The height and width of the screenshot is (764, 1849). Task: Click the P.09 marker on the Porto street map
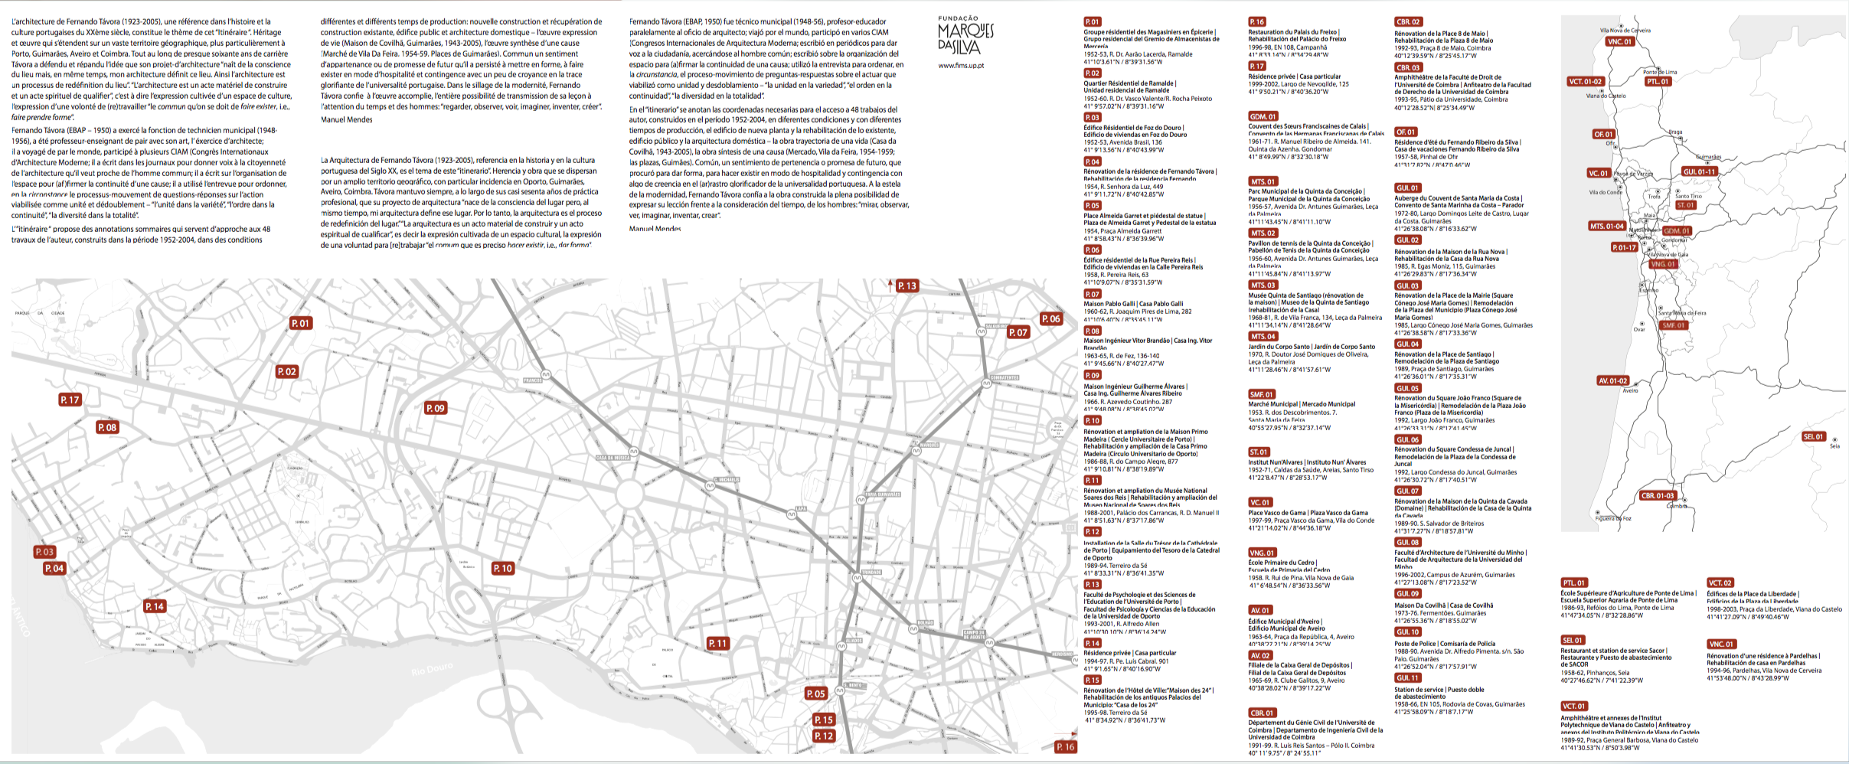(x=436, y=408)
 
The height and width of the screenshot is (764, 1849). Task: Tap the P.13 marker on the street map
(x=907, y=286)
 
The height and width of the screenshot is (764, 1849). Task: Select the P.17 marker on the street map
(x=70, y=400)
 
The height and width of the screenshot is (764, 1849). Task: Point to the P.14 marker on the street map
(x=155, y=606)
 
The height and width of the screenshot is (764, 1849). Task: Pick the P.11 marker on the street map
(x=717, y=644)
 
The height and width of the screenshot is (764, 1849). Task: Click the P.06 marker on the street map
(x=1050, y=319)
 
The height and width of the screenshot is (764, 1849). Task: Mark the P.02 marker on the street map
(x=286, y=371)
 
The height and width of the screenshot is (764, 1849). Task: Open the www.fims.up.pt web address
(x=961, y=66)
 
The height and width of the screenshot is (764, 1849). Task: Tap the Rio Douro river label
(x=432, y=670)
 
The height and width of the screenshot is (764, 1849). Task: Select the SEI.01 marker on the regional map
(x=1813, y=436)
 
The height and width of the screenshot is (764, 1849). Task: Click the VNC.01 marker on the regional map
(x=1619, y=41)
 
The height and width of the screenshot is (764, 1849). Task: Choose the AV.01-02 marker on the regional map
(x=1612, y=380)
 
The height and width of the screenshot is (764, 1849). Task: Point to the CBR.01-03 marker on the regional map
(x=1658, y=495)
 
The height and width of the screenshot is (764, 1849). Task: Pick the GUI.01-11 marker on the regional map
(x=1699, y=171)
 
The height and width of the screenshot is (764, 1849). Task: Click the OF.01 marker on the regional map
(x=1603, y=134)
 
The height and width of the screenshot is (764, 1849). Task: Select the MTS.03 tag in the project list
(x=1263, y=285)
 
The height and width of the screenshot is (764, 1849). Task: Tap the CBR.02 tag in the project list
(x=1408, y=22)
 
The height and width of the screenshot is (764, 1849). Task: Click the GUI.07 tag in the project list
(x=1407, y=491)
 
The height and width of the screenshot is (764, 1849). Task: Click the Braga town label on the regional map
(x=1675, y=132)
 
